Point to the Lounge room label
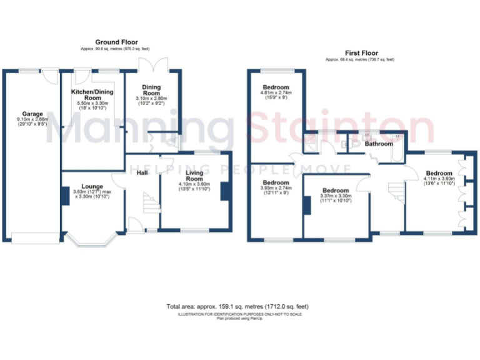(x=92, y=186)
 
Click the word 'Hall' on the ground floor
(x=142, y=172)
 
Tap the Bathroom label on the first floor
(x=379, y=144)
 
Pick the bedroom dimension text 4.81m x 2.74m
(x=276, y=94)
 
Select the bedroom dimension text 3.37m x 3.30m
(x=336, y=196)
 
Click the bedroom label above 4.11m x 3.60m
(x=439, y=173)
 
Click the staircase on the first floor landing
(x=394, y=189)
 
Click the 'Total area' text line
(x=237, y=306)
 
